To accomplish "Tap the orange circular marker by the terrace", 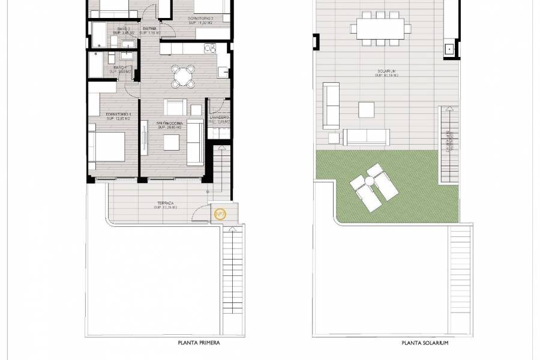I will pyautogui.click(x=219, y=213).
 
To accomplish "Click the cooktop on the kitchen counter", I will pyautogui.click(x=209, y=47).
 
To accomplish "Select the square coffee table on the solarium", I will pyautogui.click(x=367, y=110).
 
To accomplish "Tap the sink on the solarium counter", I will pyautogui.click(x=448, y=49).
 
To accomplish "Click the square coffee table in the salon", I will pyautogui.click(x=172, y=142).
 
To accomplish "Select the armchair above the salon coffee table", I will pyautogui.click(x=176, y=107).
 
